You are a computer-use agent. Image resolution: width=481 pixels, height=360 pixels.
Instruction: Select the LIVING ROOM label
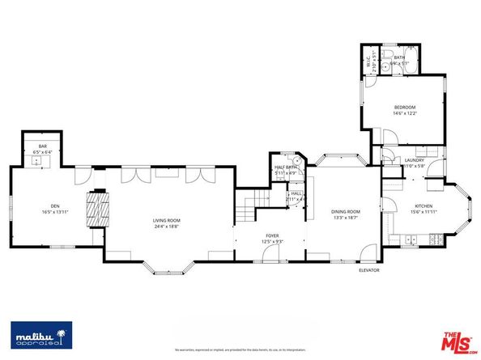tap(167, 220)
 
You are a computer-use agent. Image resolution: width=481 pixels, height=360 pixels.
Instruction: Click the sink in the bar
tap(37, 161)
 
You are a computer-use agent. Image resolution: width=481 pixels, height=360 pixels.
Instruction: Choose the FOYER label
tap(271, 236)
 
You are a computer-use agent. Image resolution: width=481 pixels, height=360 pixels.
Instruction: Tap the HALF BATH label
tap(285, 167)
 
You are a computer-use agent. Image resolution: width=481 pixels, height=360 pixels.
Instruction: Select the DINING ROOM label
tap(346, 212)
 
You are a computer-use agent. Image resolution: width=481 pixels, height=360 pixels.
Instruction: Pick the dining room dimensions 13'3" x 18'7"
tap(346, 218)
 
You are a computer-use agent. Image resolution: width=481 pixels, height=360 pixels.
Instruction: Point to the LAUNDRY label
tap(415, 161)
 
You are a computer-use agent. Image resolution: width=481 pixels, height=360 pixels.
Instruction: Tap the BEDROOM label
tap(404, 108)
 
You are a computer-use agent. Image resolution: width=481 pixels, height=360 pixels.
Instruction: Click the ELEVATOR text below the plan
tap(368, 270)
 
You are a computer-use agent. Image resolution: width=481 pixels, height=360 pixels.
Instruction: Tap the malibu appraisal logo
tap(40, 334)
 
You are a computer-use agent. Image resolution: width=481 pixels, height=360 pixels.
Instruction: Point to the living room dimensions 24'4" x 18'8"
tap(167, 226)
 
